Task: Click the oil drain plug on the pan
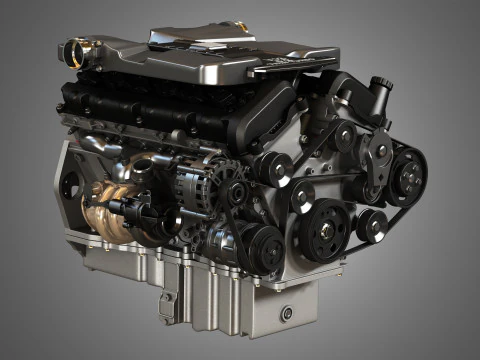tap(288, 313)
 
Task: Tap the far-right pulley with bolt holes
tap(408, 177)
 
